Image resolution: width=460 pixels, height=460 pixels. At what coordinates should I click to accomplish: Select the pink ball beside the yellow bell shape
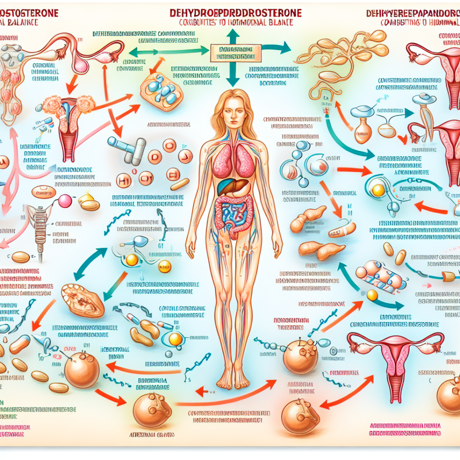click(x=65, y=201)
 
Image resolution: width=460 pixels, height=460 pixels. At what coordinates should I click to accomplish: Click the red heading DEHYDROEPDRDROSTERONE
click(x=236, y=13)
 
